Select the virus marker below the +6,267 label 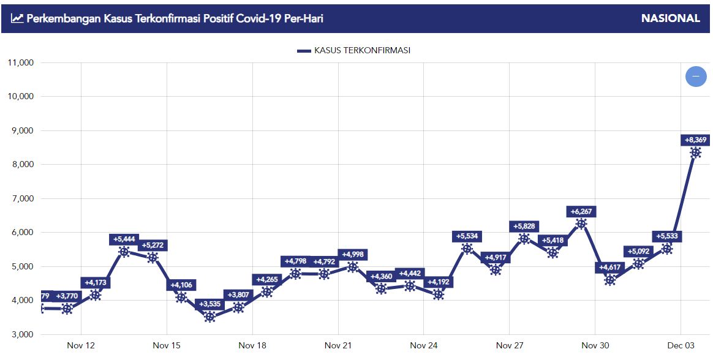(x=581, y=223)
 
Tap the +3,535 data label (x=210, y=303)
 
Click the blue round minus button (x=696, y=77)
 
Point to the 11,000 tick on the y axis (x=21, y=62)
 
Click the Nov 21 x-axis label (x=338, y=346)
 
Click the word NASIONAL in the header (x=670, y=18)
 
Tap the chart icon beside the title (x=17, y=18)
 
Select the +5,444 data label (x=124, y=239)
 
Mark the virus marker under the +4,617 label (x=609, y=280)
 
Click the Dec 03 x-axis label (x=680, y=346)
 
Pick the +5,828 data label (x=524, y=227)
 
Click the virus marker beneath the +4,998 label (x=353, y=266)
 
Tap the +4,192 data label (x=438, y=282)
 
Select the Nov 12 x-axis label (x=81, y=346)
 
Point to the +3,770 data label (x=67, y=296)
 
